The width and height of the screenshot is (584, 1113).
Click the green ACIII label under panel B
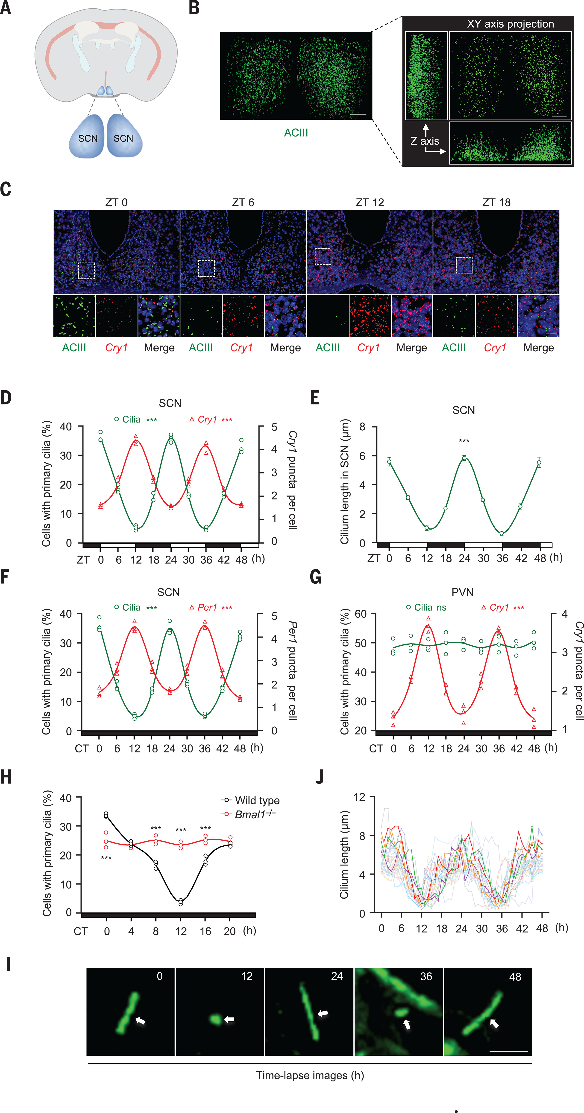point(296,133)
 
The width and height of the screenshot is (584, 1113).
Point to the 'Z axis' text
point(425,141)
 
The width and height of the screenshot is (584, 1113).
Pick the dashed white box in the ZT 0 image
point(86,271)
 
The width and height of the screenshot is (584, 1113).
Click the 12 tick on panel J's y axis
point(359,797)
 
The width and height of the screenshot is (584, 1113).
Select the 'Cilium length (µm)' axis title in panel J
point(344,855)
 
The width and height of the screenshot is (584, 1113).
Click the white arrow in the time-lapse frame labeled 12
point(229,1019)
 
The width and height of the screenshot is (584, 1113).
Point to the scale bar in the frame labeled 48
point(509,1051)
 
